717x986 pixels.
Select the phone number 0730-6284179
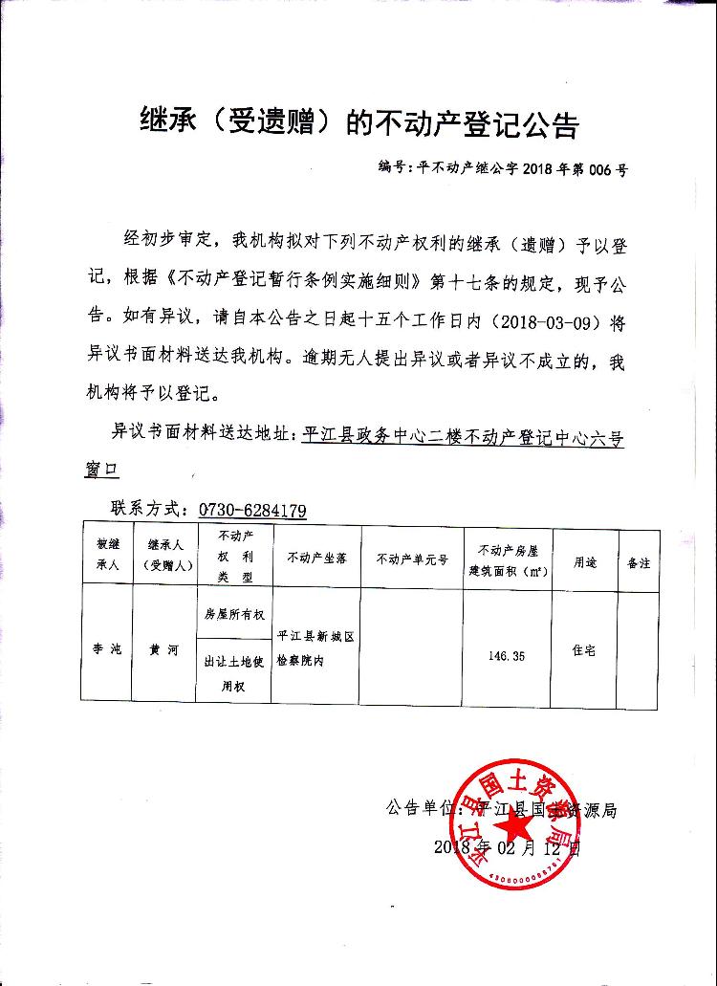click(252, 510)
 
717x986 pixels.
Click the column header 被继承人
click(106, 554)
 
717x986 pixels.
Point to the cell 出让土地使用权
click(234, 672)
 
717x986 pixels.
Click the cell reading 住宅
click(584, 650)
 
